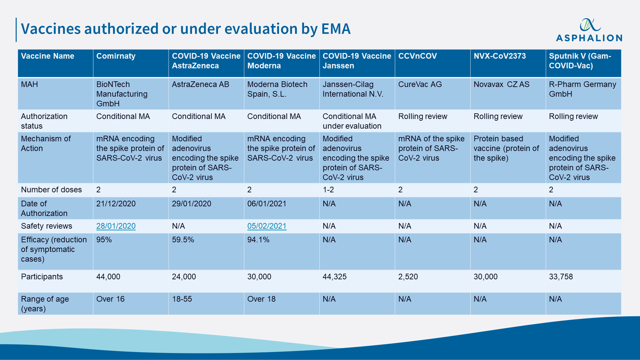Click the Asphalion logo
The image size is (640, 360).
[x=589, y=30]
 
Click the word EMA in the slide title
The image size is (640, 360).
[x=336, y=29]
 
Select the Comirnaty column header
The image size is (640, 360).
[x=116, y=56]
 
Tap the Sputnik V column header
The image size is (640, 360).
[x=580, y=61]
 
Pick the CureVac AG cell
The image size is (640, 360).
[x=420, y=85]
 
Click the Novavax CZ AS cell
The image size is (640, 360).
[x=501, y=85]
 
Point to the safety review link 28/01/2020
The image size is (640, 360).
[x=116, y=226]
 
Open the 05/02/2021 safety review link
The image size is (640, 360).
[x=267, y=226]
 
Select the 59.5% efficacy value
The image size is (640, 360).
[x=183, y=240]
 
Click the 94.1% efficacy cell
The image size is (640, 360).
[x=258, y=240]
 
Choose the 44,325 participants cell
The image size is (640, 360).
[x=335, y=277]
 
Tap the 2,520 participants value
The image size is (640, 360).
[x=408, y=277]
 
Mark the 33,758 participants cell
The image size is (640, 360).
[x=561, y=277]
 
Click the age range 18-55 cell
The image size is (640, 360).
[x=182, y=299]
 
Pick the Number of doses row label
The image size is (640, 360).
[x=51, y=190]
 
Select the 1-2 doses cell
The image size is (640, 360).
[x=328, y=190]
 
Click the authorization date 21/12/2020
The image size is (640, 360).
[x=116, y=204]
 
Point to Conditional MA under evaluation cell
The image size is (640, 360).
[x=352, y=121]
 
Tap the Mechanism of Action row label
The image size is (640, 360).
[x=46, y=143]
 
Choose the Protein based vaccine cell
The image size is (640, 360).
[x=506, y=148]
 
